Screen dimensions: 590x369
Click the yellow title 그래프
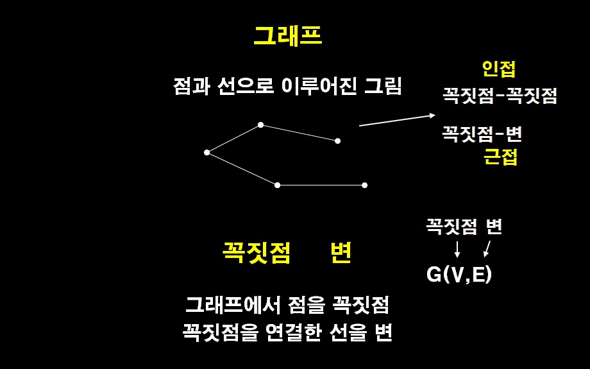tap(288, 36)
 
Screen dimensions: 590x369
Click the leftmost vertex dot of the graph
tap(206, 153)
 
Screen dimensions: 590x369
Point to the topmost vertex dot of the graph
tap(261, 124)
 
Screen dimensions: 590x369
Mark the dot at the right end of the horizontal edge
tap(364, 185)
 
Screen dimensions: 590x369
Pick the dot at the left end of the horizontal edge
tap(277, 185)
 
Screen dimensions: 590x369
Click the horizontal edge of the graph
tap(321, 185)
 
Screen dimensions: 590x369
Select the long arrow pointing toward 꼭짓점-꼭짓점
tap(397, 120)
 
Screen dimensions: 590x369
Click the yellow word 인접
tap(498, 69)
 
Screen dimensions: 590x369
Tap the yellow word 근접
tap(500, 157)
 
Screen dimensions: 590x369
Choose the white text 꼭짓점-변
tap(482, 133)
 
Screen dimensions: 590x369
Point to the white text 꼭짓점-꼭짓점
tap(500, 96)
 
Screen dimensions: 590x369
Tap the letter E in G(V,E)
tap(478, 275)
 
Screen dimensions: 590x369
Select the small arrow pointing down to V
tap(457, 249)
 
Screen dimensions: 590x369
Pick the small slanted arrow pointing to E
tap(487, 249)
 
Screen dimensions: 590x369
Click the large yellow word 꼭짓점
tap(257, 252)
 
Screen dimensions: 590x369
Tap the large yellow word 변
tap(341, 252)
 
